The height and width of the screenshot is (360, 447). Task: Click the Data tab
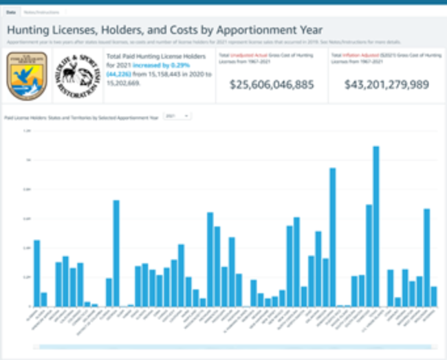(11, 13)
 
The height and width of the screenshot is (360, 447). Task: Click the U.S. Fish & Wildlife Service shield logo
(26, 76)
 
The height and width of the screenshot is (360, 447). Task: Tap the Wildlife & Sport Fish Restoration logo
(76, 76)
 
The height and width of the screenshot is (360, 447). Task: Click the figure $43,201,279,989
(386, 85)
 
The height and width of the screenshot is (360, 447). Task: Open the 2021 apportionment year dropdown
(177, 117)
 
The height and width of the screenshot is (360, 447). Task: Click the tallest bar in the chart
(376, 227)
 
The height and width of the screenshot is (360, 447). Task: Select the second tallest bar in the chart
(333, 237)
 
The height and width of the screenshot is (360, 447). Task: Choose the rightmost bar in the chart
(434, 296)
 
